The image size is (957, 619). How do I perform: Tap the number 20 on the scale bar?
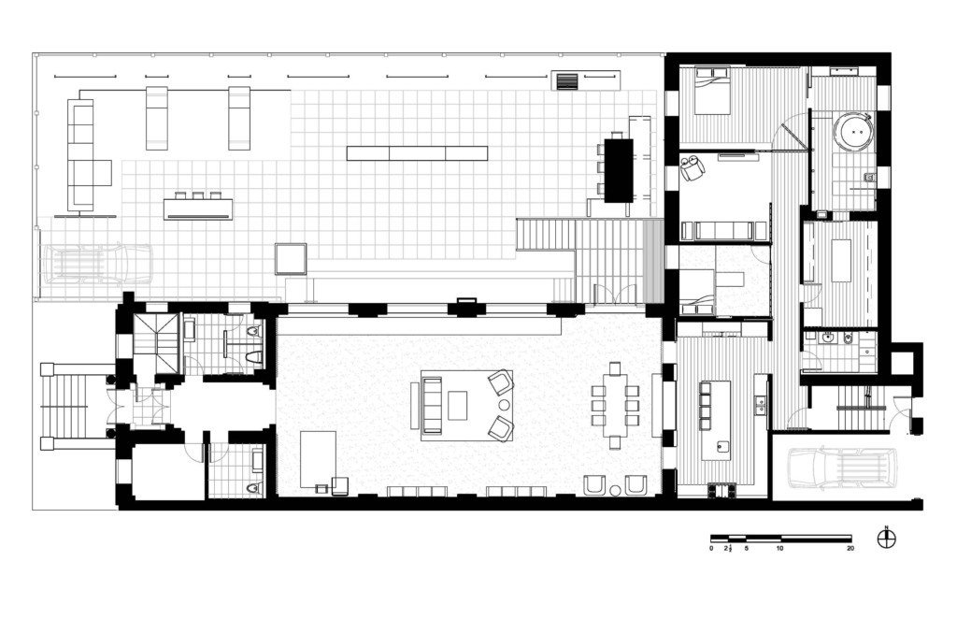pyautogui.click(x=850, y=549)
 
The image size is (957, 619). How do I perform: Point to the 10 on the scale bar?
pyautogui.click(x=780, y=549)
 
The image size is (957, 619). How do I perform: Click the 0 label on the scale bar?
pyautogui.click(x=711, y=549)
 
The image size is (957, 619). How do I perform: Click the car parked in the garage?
pyautogui.click(x=841, y=468)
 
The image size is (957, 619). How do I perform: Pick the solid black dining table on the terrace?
pyautogui.click(x=619, y=170)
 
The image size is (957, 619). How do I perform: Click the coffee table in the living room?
pyautogui.click(x=457, y=406)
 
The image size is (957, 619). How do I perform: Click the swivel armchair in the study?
pyautogui.click(x=693, y=168)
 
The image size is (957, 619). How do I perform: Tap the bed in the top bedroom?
pyautogui.click(x=712, y=93)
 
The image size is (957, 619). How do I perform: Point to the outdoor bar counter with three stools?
pyautogui.click(x=197, y=209)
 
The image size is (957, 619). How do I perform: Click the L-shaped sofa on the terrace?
pyautogui.click(x=85, y=157)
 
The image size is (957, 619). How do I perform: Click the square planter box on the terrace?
pyautogui.click(x=291, y=258)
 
